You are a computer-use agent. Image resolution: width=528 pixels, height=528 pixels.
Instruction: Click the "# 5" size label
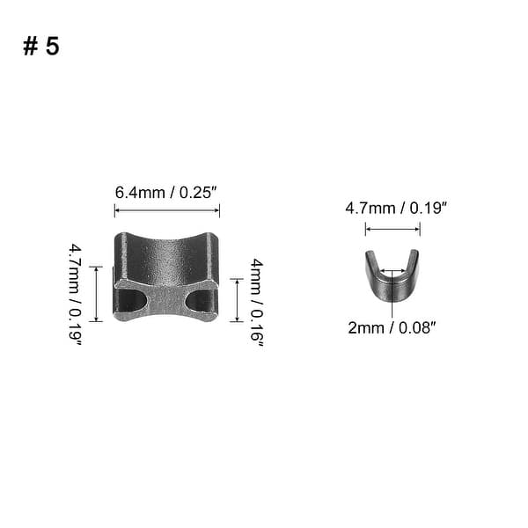click(x=41, y=46)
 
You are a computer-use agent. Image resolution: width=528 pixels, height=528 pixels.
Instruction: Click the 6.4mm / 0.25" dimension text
click(x=165, y=193)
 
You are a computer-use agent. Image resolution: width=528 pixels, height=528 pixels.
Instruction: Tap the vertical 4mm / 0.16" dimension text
click(x=257, y=303)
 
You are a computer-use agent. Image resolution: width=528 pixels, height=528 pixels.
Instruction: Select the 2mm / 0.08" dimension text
click(x=392, y=327)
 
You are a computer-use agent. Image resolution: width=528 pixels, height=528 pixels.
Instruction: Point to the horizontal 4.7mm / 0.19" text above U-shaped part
click(x=396, y=208)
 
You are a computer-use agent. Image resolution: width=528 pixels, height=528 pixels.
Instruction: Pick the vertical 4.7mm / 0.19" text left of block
click(x=75, y=295)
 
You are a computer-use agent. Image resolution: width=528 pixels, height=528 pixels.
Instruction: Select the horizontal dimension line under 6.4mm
click(x=167, y=211)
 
